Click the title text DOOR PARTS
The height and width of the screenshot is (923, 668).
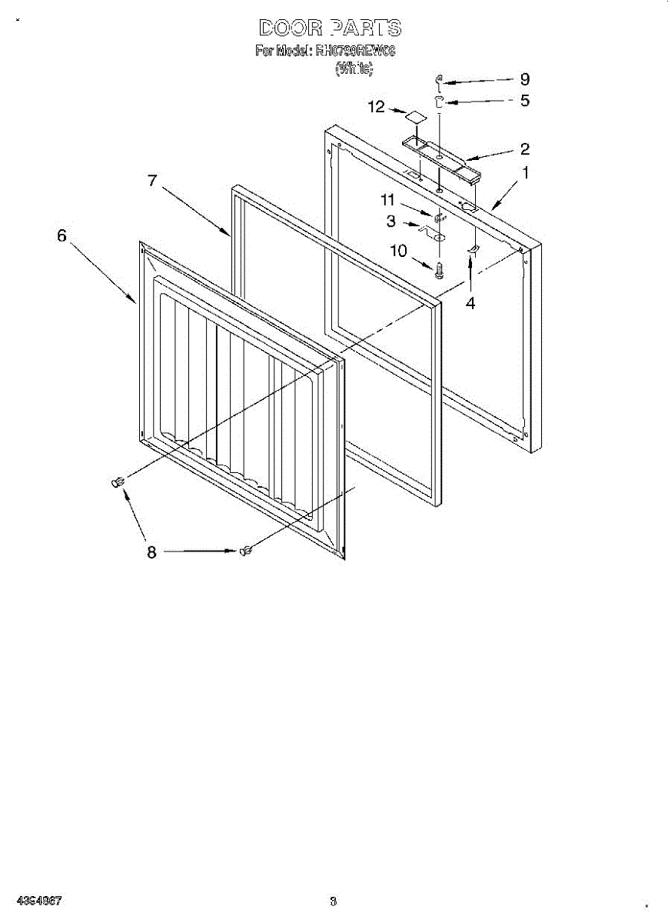click(x=330, y=28)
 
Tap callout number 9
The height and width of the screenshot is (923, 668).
click(x=525, y=79)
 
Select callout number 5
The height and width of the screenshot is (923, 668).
click(x=525, y=100)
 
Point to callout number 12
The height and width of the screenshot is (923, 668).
click(x=376, y=107)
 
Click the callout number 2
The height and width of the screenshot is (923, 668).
click(x=525, y=148)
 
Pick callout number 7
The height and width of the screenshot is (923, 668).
click(x=152, y=181)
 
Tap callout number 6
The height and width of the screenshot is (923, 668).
click(x=61, y=236)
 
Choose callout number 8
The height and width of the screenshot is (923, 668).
click(x=151, y=551)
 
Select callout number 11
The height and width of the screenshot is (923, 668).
click(x=387, y=200)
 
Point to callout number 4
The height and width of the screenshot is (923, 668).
click(x=470, y=303)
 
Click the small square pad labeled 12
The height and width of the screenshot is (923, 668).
click(x=416, y=116)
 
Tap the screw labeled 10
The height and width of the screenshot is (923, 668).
click(x=439, y=270)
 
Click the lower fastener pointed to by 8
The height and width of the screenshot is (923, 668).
click(x=248, y=549)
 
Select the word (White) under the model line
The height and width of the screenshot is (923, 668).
click(x=354, y=69)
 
